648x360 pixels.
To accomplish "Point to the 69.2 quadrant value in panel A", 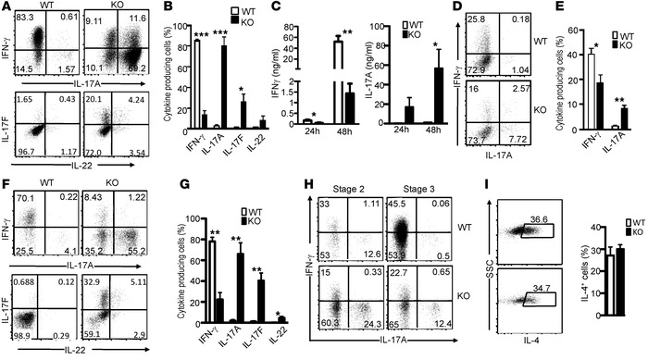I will coord(138,94).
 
